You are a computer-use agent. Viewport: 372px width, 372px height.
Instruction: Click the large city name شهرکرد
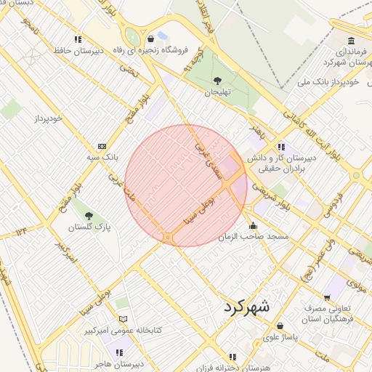tap(243, 307)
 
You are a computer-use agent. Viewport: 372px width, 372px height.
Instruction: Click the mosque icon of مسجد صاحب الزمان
tap(253, 225)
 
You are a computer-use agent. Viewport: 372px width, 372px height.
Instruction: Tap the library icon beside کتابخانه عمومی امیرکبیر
tap(123, 319)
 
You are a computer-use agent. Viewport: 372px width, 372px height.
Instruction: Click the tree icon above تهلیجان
tap(217, 81)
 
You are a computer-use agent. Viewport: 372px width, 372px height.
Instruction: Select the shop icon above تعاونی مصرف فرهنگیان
tap(327, 297)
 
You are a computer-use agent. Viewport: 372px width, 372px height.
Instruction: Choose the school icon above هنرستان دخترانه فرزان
tap(232, 356)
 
